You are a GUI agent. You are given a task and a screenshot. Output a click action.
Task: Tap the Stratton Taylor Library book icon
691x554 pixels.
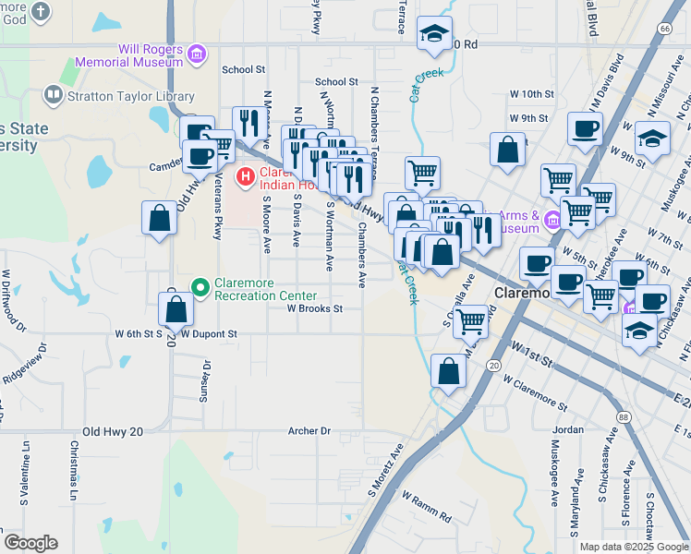tap(53, 96)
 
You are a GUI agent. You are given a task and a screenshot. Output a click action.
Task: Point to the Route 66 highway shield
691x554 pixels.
tap(665, 29)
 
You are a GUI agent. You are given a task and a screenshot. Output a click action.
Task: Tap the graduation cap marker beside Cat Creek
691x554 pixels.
tap(432, 34)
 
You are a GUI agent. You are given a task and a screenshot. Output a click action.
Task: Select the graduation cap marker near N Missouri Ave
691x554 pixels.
tap(652, 138)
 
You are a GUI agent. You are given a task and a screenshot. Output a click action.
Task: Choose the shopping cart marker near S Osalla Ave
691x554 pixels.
tap(470, 321)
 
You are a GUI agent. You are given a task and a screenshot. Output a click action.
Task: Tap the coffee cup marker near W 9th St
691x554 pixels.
tap(584, 128)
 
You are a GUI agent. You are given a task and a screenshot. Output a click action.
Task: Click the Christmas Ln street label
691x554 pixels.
tap(74, 473)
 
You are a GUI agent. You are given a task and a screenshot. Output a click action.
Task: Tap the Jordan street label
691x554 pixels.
tap(568, 429)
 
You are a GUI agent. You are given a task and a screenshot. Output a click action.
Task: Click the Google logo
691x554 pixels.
tap(30, 543)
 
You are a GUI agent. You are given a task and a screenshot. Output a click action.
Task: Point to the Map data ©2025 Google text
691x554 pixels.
tap(633, 547)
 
